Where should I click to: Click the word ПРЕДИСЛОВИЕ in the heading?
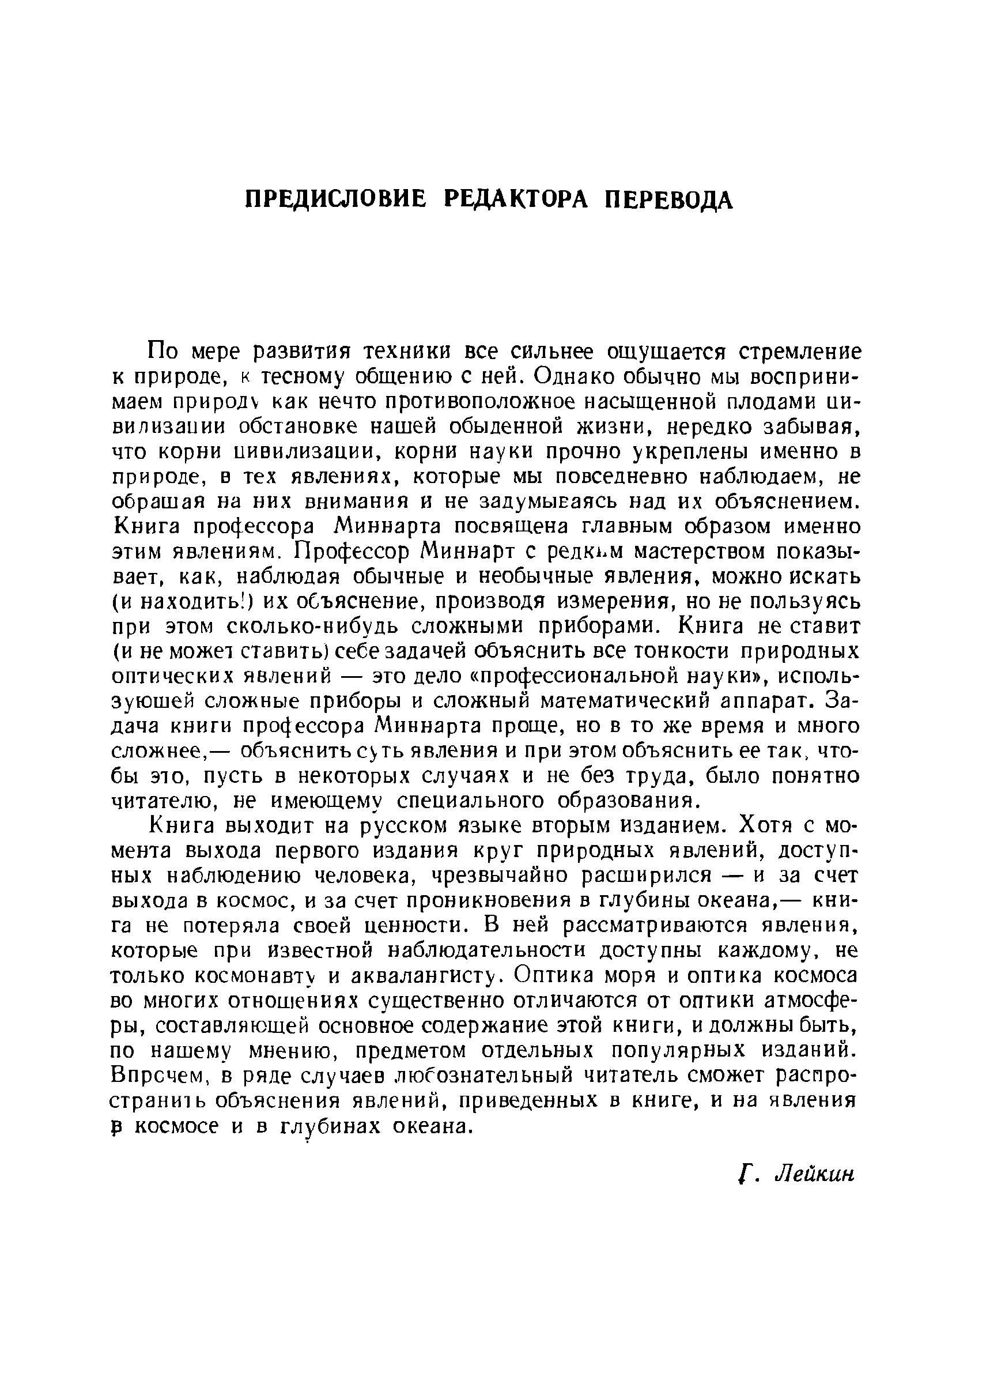click(335, 199)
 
